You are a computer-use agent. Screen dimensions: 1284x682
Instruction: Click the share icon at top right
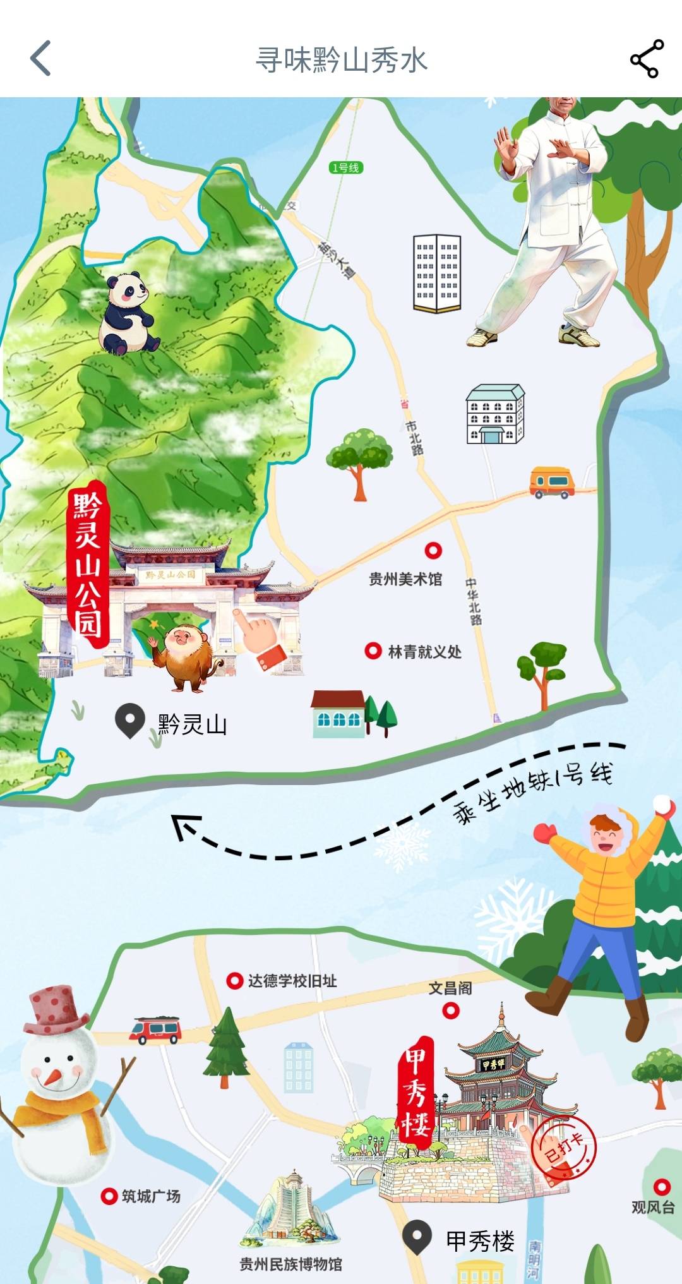647,59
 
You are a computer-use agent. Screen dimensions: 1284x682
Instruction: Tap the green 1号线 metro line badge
346,167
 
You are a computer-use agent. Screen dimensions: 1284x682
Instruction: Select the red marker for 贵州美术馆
433,550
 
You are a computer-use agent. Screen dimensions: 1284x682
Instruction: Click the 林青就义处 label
424,652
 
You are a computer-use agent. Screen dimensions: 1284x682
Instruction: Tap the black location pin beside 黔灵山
130,721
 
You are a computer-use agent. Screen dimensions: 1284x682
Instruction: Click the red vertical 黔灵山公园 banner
88,565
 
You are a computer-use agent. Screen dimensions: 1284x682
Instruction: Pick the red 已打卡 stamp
563,1148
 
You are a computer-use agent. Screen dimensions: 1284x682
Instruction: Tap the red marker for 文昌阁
450,1011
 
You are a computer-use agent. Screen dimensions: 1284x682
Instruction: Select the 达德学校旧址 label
292,981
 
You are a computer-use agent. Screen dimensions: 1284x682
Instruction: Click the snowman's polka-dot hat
57,1009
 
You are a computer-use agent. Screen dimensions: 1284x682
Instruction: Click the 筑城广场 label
151,1196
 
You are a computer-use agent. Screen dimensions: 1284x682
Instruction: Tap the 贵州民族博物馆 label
290,1264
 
